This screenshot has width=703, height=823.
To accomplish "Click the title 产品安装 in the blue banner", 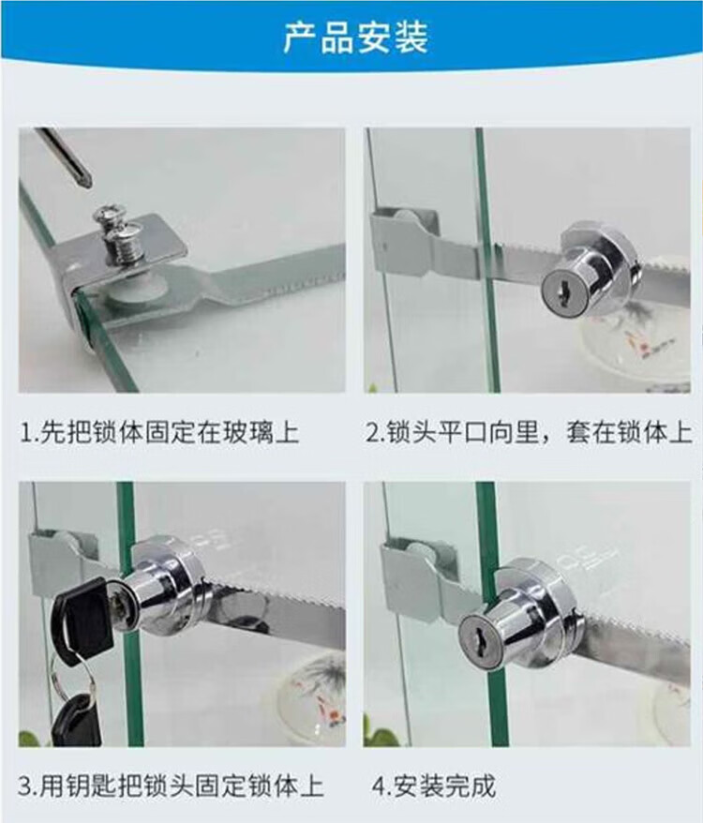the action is point(355,37).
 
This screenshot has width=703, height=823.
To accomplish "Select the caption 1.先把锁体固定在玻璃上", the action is point(159,433).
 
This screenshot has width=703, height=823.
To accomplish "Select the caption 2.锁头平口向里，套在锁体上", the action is point(529,433).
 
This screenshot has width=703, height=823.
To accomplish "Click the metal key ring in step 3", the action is point(72,677).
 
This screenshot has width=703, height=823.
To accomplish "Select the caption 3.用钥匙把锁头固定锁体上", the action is point(172,787).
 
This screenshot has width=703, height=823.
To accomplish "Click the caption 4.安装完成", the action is point(434,787).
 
